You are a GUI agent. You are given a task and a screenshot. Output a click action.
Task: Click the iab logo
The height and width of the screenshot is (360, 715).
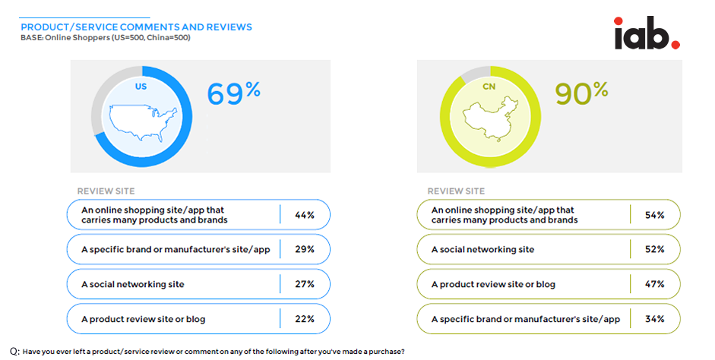tap(647, 33)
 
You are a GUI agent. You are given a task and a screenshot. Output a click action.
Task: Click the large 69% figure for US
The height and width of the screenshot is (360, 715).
tap(234, 93)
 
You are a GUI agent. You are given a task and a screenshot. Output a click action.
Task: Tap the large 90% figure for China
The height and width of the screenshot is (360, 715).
tap(581, 93)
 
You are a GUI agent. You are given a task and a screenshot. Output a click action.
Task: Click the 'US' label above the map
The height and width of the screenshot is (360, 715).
tap(141, 87)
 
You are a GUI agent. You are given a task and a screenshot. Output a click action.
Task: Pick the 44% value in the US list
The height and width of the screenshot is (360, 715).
tap(305, 215)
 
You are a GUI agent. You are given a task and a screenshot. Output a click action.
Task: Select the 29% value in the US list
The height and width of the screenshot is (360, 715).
tap(305, 250)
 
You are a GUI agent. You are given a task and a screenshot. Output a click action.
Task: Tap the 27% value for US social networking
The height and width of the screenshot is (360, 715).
tap(305, 284)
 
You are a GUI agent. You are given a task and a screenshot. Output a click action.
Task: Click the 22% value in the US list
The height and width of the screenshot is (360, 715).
tap(305, 319)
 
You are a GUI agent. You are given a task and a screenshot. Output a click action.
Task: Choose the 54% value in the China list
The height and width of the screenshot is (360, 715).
tap(654, 215)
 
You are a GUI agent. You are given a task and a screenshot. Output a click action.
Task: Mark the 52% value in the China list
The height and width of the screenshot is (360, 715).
tap(654, 250)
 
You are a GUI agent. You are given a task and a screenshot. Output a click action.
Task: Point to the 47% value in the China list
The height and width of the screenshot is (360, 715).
tap(654, 284)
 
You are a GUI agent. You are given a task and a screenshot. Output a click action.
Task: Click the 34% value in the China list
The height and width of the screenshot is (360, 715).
tap(654, 319)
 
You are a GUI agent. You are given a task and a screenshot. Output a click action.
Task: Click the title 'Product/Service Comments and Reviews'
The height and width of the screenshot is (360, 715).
tap(136, 27)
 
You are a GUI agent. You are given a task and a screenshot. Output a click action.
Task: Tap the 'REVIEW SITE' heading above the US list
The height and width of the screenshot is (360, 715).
tap(106, 191)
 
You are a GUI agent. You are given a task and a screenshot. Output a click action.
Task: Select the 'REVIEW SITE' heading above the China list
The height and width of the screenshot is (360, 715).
tap(456, 191)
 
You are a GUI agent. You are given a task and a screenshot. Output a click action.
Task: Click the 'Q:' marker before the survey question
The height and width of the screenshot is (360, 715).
tap(14, 352)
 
